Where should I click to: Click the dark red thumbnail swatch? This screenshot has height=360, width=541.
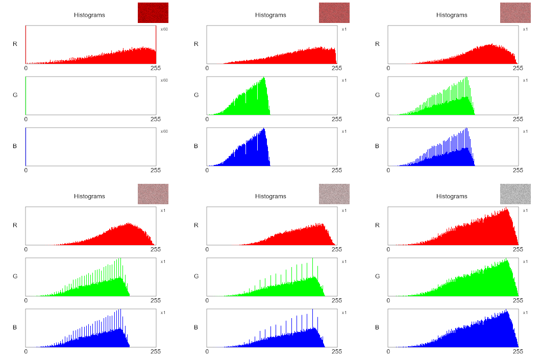(153, 13)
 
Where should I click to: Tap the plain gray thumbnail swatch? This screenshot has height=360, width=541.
(515, 194)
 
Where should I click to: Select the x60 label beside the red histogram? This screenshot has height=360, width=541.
(164, 29)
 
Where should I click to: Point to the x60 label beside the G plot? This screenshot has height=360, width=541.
(164, 80)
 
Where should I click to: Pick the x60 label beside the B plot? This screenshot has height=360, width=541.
(164, 131)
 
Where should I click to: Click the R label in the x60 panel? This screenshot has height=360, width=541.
(15, 44)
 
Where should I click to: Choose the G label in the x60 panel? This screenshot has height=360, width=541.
(15, 95)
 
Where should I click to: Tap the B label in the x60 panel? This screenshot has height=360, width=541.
(15, 146)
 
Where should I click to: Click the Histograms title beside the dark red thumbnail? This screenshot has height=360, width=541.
(89, 15)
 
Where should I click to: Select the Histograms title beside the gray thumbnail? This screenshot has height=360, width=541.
(452, 196)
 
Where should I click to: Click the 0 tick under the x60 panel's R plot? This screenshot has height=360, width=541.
(26, 68)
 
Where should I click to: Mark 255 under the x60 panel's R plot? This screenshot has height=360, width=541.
(156, 68)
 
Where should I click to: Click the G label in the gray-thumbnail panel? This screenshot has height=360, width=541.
(377, 276)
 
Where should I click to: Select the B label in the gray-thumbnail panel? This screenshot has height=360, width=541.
(377, 327)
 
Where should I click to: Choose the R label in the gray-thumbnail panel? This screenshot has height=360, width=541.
(377, 225)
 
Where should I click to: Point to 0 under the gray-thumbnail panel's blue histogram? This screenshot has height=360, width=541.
(388, 351)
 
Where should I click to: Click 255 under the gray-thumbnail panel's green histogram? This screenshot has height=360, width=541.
(518, 300)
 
